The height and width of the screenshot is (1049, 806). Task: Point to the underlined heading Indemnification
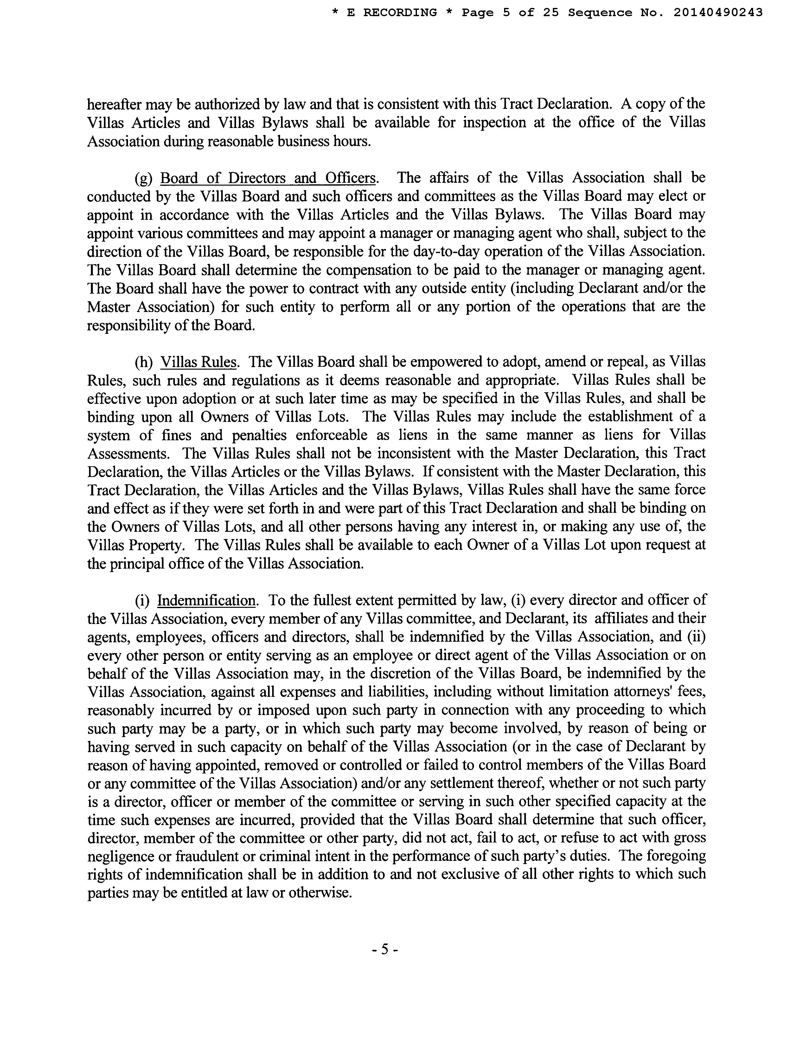click(206, 601)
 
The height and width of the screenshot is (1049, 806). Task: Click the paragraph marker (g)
click(144, 178)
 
